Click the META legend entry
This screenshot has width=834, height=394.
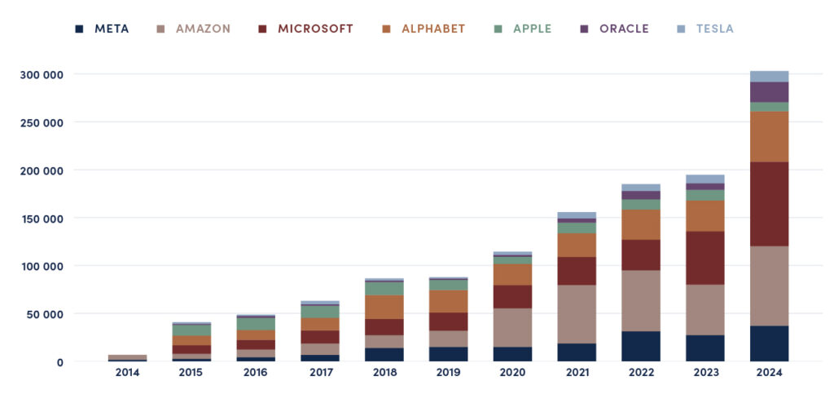(102, 29)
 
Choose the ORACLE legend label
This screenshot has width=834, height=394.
(617, 29)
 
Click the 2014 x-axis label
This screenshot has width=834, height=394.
(127, 373)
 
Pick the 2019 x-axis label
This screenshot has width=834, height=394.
(449, 373)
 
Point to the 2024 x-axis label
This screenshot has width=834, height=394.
(769, 373)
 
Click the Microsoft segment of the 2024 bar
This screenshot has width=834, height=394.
(769, 204)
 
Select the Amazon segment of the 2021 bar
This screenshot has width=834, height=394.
(577, 314)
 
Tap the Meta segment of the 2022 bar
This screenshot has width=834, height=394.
(641, 346)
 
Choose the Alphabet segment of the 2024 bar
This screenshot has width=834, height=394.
(769, 136)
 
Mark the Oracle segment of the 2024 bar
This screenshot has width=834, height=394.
(769, 92)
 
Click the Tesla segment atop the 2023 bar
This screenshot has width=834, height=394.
(705, 179)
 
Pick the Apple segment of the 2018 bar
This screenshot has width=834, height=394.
(384, 288)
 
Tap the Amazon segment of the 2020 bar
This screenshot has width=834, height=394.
(513, 327)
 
